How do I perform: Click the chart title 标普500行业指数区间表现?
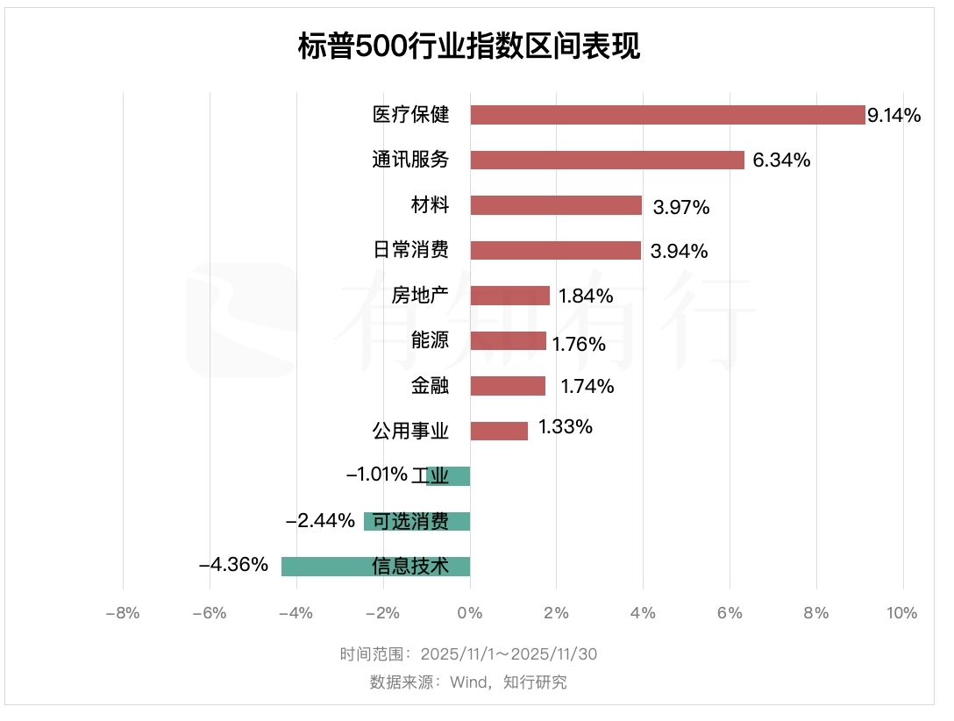pyautogui.click(x=469, y=46)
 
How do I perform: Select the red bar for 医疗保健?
pyautogui.click(x=667, y=115)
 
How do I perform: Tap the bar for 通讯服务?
pyautogui.click(x=607, y=160)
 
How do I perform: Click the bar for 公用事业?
pyautogui.click(x=499, y=431)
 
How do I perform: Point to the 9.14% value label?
pyautogui.click(x=893, y=115)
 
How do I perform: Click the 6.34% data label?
pyautogui.click(x=781, y=161)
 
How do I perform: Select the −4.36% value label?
pyautogui.click(x=233, y=565)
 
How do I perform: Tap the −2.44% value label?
pyautogui.click(x=320, y=520)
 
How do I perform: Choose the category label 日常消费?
pyautogui.click(x=411, y=250)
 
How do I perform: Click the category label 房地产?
pyautogui.click(x=421, y=295)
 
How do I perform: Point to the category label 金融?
pyautogui.click(x=430, y=385)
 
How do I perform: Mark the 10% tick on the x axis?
pyautogui.click(x=901, y=613)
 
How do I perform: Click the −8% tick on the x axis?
pyautogui.click(x=123, y=613)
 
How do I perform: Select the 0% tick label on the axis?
pyautogui.click(x=470, y=613)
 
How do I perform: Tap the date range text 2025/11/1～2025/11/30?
pyautogui.click(x=509, y=654)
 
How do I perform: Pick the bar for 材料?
pyautogui.click(x=556, y=205)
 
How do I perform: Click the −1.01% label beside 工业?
pyautogui.click(x=377, y=475)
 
